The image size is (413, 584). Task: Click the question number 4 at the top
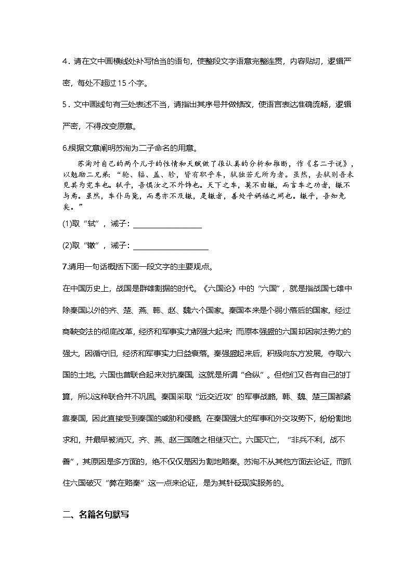(x=64, y=61)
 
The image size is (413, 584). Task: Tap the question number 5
(x=64, y=105)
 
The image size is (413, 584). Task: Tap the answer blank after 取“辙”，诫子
(x=171, y=246)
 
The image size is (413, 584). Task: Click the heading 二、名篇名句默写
(x=96, y=515)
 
